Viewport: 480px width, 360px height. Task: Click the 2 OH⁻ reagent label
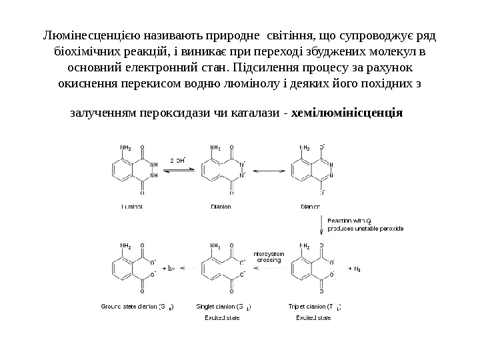click(178, 161)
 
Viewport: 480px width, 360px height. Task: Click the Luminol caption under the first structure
click(131, 207)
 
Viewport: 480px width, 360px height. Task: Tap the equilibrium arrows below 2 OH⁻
click(178, 171)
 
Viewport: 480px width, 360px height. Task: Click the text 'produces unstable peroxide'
click(365, 228)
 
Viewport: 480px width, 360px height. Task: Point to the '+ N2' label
click(355, 269)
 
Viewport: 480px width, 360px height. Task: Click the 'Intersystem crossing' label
click(269, 256)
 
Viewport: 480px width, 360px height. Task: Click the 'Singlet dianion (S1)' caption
click(223, 307)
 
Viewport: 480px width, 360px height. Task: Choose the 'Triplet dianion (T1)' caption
click(315, 307)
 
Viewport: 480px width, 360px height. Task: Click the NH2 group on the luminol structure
click(125, 147)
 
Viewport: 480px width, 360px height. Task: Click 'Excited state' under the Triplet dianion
click(313, 317)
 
